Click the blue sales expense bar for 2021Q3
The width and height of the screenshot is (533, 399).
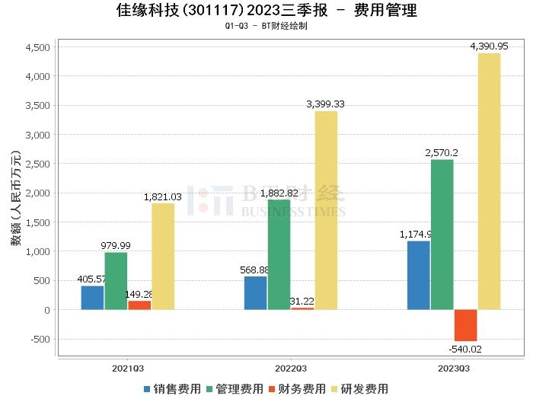[92, 298]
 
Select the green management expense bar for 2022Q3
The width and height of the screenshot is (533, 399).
[279, 254]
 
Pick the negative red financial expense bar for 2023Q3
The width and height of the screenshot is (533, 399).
[465, 325]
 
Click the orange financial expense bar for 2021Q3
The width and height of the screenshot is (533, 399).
[139, 305]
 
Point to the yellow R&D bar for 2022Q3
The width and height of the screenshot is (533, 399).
[326, 210]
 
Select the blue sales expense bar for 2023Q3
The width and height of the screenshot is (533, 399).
[418, 275]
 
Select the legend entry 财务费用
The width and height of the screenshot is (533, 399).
[298, 388]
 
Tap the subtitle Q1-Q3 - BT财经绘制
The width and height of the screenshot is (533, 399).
[266, 26]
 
